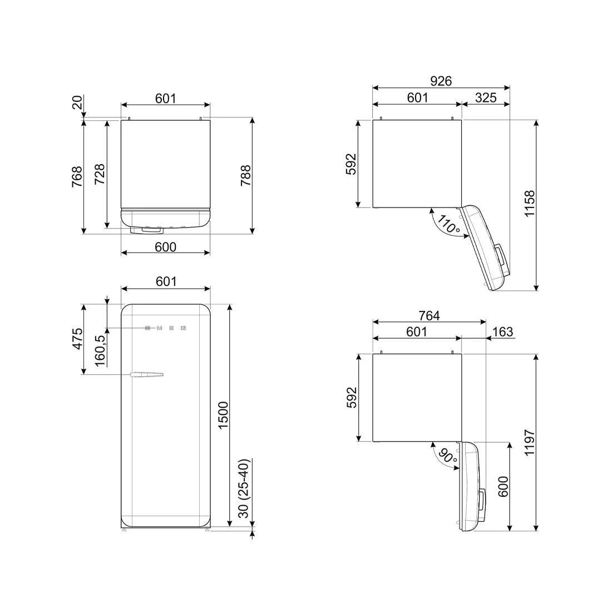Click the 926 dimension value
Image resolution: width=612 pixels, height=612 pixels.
(x=441, y=81)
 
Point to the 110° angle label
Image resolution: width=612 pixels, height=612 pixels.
(x=448, y=225)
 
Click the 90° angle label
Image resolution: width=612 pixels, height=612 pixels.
(x=446, y=457)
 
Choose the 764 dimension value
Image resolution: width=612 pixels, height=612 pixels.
(x=429, y=315)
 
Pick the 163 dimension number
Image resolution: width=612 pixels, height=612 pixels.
(x=502, y=332)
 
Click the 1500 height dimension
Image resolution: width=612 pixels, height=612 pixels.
(x=223, y=415)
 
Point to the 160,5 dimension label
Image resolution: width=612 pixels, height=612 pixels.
(x=100, y=351)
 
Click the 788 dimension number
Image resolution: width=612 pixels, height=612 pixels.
(x=245, y=175)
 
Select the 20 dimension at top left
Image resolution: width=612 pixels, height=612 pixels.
(x=77, y=102)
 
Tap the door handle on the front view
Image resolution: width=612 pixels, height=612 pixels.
(x=146, y=375)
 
